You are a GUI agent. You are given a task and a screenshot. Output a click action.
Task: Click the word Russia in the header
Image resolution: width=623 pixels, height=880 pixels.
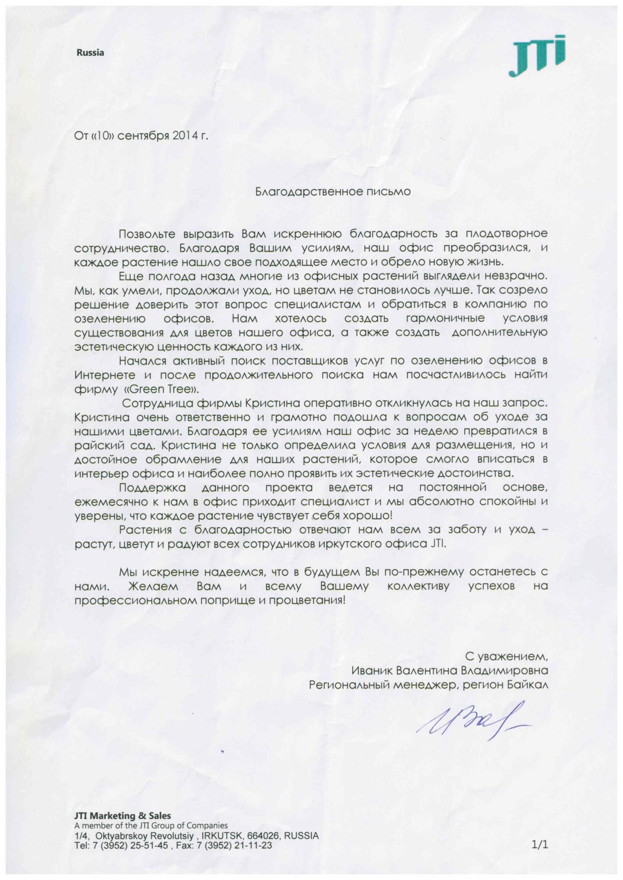[x=90, y=53]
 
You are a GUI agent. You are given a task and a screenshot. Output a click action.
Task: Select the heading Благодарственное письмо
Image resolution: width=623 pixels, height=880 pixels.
[x=333, y=192]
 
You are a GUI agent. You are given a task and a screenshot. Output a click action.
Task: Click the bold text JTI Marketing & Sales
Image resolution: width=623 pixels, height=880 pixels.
[x=122, y=815]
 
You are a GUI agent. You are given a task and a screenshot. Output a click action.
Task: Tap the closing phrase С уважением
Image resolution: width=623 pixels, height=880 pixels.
[x=506, y=656]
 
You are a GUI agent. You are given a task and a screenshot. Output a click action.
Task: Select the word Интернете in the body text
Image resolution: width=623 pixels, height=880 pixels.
[x=104, y=375]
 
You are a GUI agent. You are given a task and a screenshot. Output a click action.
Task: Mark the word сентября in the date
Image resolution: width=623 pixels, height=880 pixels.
[x=144, y=136]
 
